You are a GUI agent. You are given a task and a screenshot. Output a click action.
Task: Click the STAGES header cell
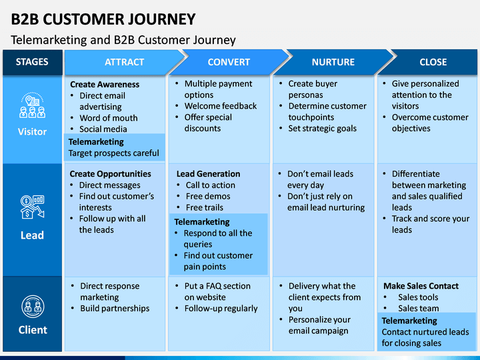click(x=32, y=62)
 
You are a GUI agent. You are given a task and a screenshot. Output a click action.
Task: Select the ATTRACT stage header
click(x=124, y=62)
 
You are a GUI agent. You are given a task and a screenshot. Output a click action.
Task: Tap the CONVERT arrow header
click(x=229, y=62)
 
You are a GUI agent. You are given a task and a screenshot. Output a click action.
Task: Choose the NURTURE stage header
click(x=333, y=62)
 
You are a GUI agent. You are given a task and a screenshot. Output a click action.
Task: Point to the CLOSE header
click(x=433, y=62)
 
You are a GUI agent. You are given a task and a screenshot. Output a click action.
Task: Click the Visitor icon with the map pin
click(x=32, y=105)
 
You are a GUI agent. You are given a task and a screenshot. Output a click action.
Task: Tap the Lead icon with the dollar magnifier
click(x=32, y=207)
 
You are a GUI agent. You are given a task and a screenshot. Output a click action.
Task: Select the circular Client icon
click(x=33, y=307)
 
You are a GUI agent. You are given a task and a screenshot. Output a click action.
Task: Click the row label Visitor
click(x=32, y=131)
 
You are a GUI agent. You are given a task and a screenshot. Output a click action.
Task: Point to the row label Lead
click(x=32, y=235)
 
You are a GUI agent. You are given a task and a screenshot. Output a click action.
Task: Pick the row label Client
click(x=33, y=330)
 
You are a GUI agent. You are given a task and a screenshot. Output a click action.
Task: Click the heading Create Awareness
click(x=105, y=85)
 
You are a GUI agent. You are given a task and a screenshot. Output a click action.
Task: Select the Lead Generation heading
click(x=208, y=174)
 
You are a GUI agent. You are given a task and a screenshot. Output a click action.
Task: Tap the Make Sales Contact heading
click(x=421, y=286)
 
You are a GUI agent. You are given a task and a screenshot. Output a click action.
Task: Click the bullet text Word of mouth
click(x=109, y=118)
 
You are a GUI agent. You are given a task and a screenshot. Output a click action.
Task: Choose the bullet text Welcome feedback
click(x=221, y=106)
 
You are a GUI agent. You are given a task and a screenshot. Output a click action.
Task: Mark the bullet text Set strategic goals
click(x=323, y=128)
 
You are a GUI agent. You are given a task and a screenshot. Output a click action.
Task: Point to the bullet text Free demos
click(x=208, y=196)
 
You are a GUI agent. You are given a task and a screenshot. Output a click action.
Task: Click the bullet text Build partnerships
click(x=115, y=308)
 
